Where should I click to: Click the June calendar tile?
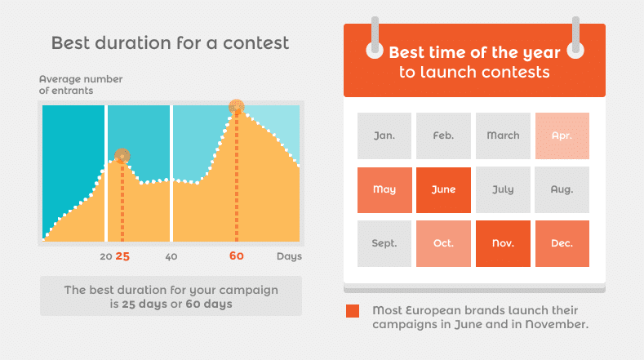coord(443,189)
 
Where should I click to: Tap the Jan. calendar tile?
coord(384,136)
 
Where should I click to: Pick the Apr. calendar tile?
coord(562,136)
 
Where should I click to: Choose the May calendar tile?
coord(384,189)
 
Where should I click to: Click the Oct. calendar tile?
coord(443,243)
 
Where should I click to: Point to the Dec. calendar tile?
coord(562,243)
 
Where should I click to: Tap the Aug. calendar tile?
coord(562,189)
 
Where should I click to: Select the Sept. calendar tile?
coord(384,243)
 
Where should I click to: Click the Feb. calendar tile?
coord(443,136)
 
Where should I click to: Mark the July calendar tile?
coord(503,189)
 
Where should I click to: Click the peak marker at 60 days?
coord(237,106)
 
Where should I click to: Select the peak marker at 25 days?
coord(122,155)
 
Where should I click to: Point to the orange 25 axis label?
coord(122,256)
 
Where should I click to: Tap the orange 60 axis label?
coord(237,256)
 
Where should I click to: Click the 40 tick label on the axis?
coord(171,256)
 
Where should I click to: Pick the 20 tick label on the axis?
coord(105,256)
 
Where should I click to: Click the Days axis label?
coord(289,256)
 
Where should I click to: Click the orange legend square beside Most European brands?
coord(353,311)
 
